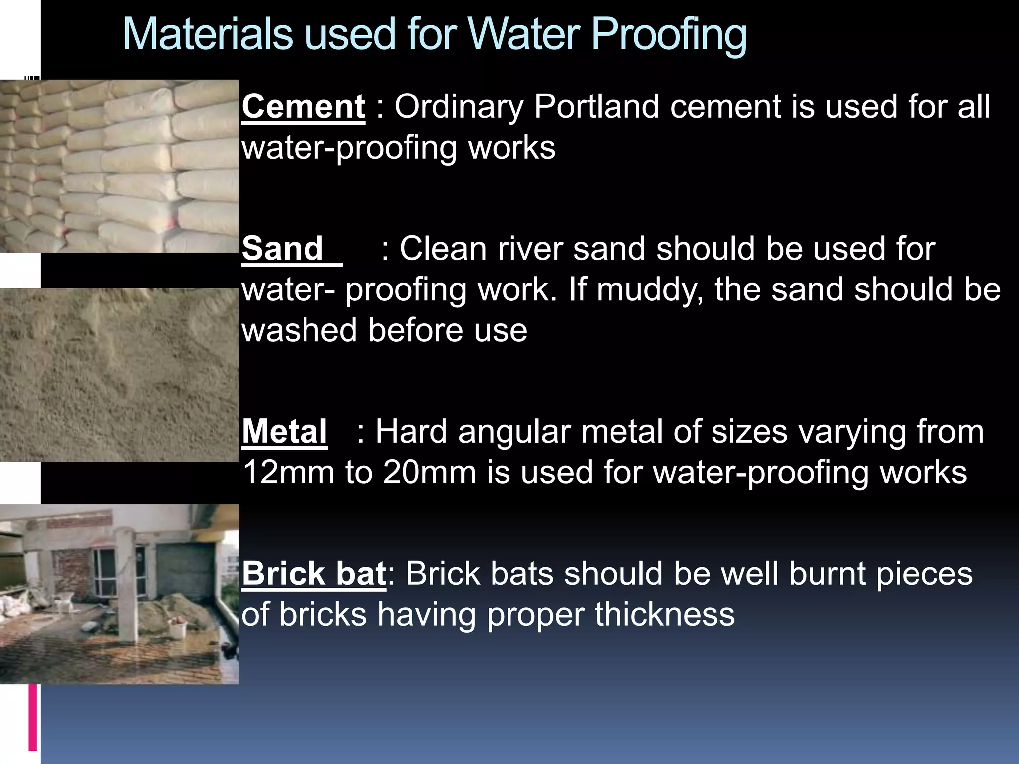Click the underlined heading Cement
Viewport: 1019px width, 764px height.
[303, 107]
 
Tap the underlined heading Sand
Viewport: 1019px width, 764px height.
[283, 249]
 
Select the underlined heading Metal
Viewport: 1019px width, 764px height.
[284, 431]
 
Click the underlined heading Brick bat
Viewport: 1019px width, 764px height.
[313, 573]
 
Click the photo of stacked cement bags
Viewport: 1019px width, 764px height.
[119, 166]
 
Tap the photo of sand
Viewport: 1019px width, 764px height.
[119, 375]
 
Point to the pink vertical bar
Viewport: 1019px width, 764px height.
[33, 717]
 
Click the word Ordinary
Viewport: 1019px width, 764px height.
[458, 107]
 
